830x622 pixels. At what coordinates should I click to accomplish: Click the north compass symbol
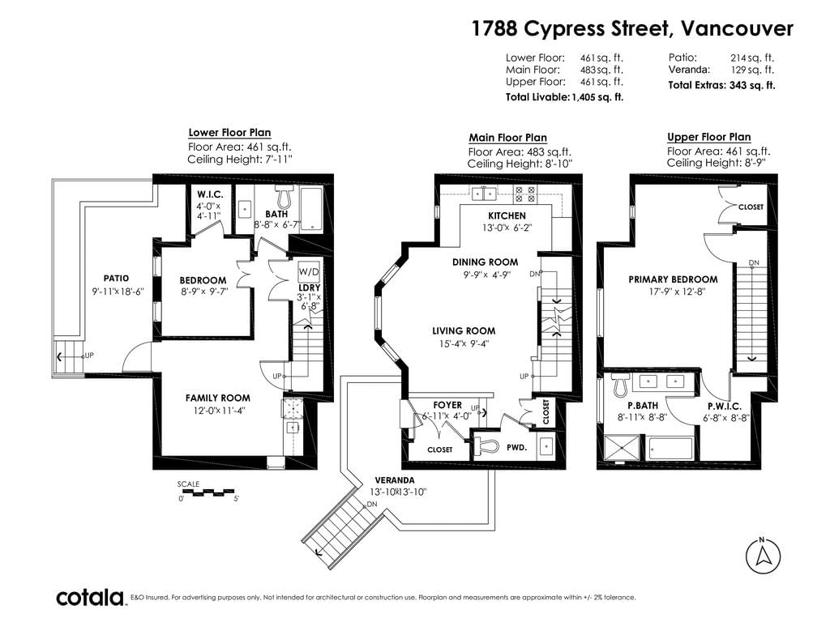763,556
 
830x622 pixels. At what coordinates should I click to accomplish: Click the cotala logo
90,598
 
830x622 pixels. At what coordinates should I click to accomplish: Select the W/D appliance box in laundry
309,272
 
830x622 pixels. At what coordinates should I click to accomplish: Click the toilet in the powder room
486,446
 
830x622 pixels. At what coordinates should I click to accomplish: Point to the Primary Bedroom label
673,279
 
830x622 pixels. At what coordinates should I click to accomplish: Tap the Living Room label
464,331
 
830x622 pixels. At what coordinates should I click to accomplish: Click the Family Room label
217,398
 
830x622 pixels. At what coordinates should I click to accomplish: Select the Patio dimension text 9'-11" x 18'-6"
118,291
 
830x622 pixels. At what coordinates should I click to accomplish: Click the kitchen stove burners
525,194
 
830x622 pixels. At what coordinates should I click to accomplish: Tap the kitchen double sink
484,194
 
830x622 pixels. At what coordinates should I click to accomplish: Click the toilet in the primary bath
620,386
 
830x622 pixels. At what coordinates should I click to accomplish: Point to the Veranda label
395,480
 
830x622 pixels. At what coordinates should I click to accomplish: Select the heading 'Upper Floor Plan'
708,137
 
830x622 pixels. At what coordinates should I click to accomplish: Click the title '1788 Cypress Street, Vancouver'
632,28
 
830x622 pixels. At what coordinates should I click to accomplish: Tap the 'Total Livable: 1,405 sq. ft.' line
564,97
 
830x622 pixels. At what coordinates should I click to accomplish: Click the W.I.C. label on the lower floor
210,194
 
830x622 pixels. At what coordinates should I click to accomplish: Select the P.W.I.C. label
725,407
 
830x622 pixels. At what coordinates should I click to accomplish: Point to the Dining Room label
485,262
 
